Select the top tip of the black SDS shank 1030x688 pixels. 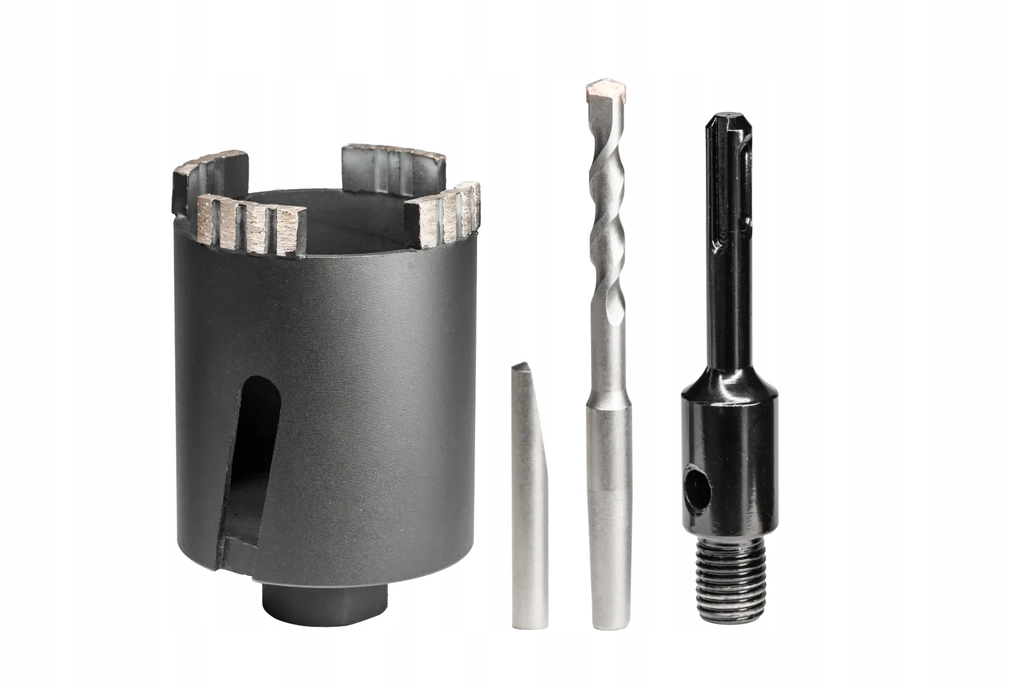click(x=717, y=120)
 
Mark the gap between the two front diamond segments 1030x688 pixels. click(x=357, y=245)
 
